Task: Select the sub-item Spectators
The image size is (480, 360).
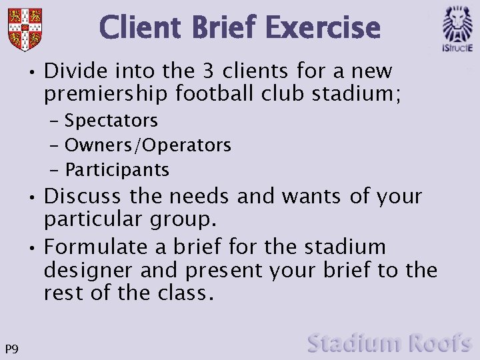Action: click(x=111, y=121)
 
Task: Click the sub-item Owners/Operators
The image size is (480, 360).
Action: click(x=147, y=145)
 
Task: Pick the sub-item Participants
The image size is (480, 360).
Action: click(x=117, y=169)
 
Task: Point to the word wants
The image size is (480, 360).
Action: click(x=315, y=197)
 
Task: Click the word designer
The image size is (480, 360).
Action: click(x=88, y=271)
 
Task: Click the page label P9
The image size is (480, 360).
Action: click(x=11, y=349)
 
